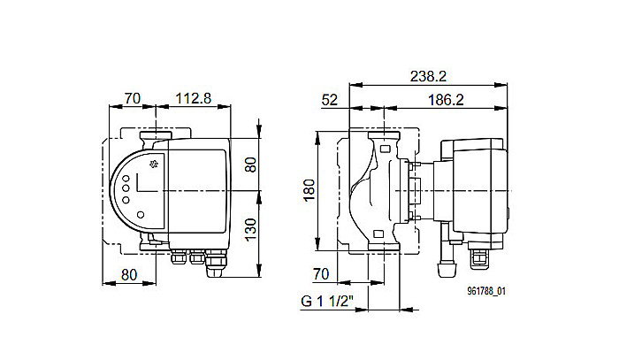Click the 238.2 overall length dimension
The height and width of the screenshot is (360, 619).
(428, 77)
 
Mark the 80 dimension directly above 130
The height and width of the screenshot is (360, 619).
(250, 165)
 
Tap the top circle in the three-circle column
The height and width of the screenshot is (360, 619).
(126, 180)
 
